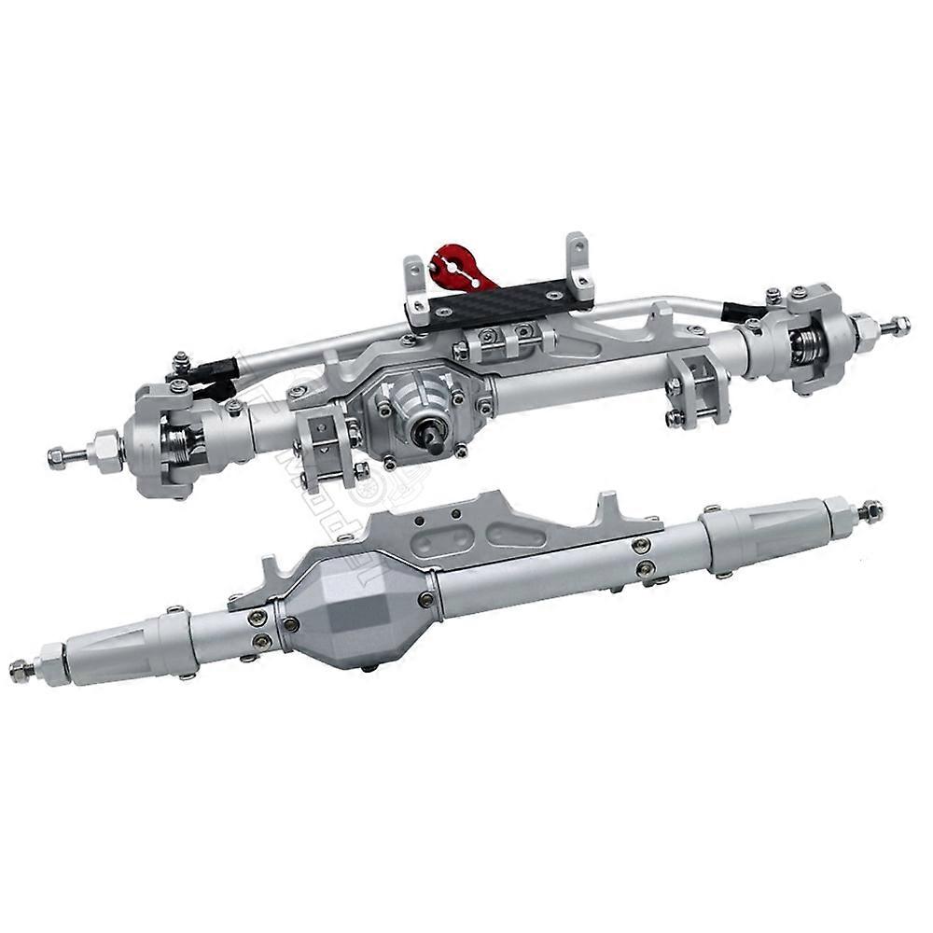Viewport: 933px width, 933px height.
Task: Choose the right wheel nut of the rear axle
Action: [870, 510]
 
